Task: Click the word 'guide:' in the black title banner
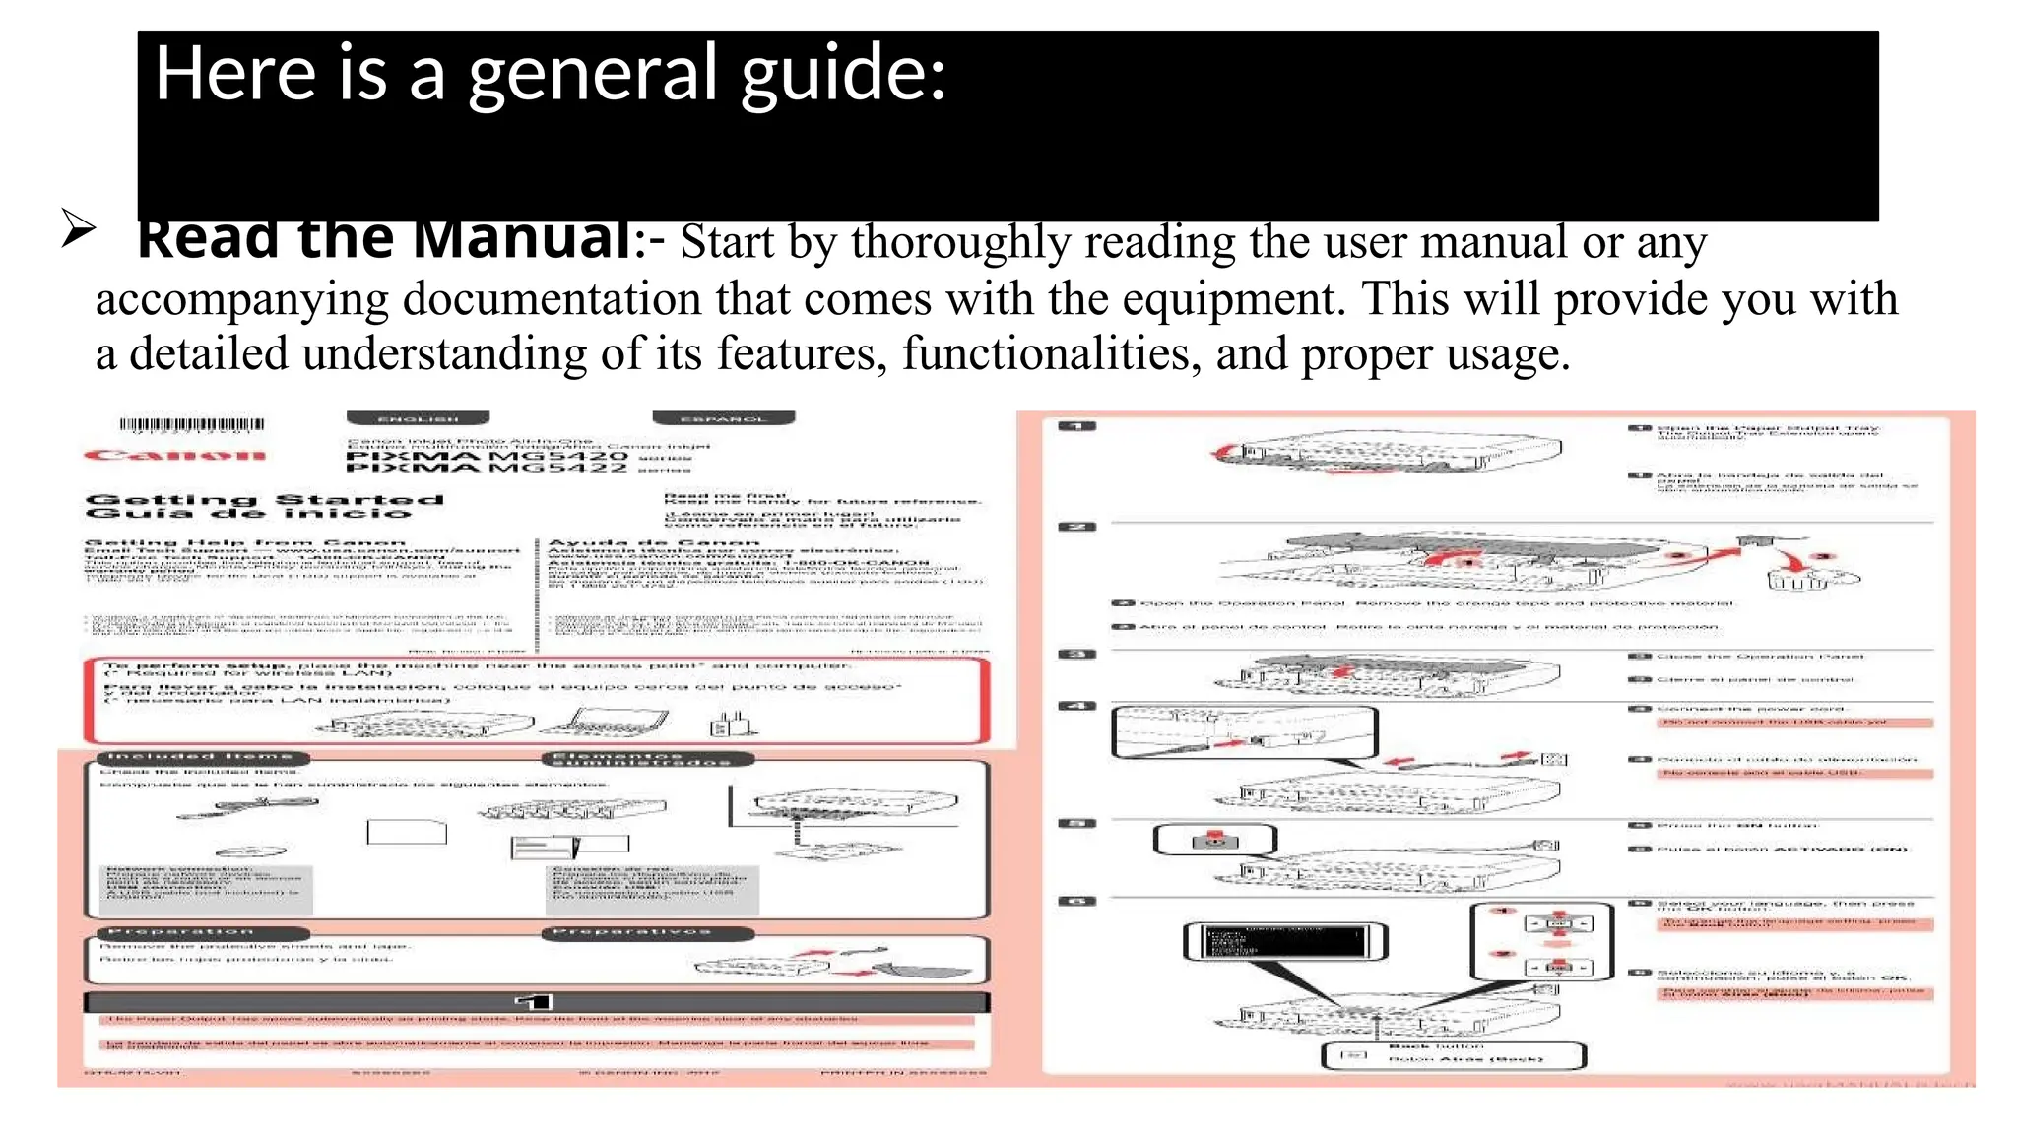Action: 843,75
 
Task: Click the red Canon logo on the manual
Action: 174,455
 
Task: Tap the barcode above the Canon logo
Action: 192,425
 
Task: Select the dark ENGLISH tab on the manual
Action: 418,418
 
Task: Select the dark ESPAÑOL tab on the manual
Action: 723,418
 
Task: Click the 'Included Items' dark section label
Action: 203,758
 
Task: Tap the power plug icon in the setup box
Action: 730,725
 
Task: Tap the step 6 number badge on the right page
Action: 1075,902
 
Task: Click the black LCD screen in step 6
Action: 1284,941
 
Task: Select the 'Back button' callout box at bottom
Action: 1453,1055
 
